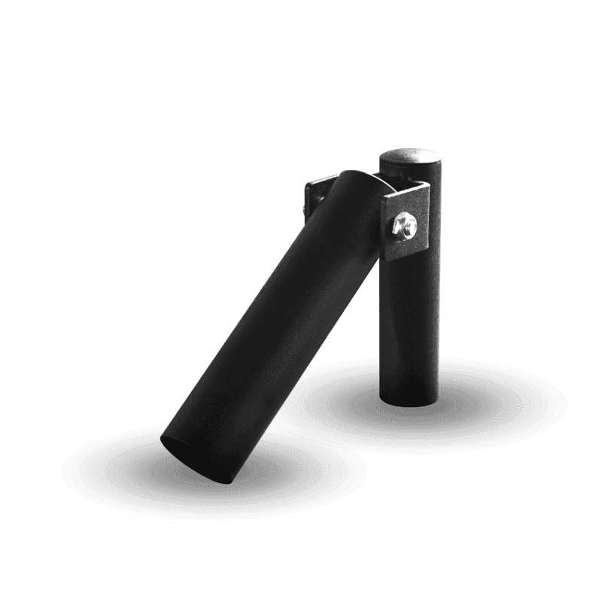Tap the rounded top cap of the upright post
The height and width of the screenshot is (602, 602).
[410, 157]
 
